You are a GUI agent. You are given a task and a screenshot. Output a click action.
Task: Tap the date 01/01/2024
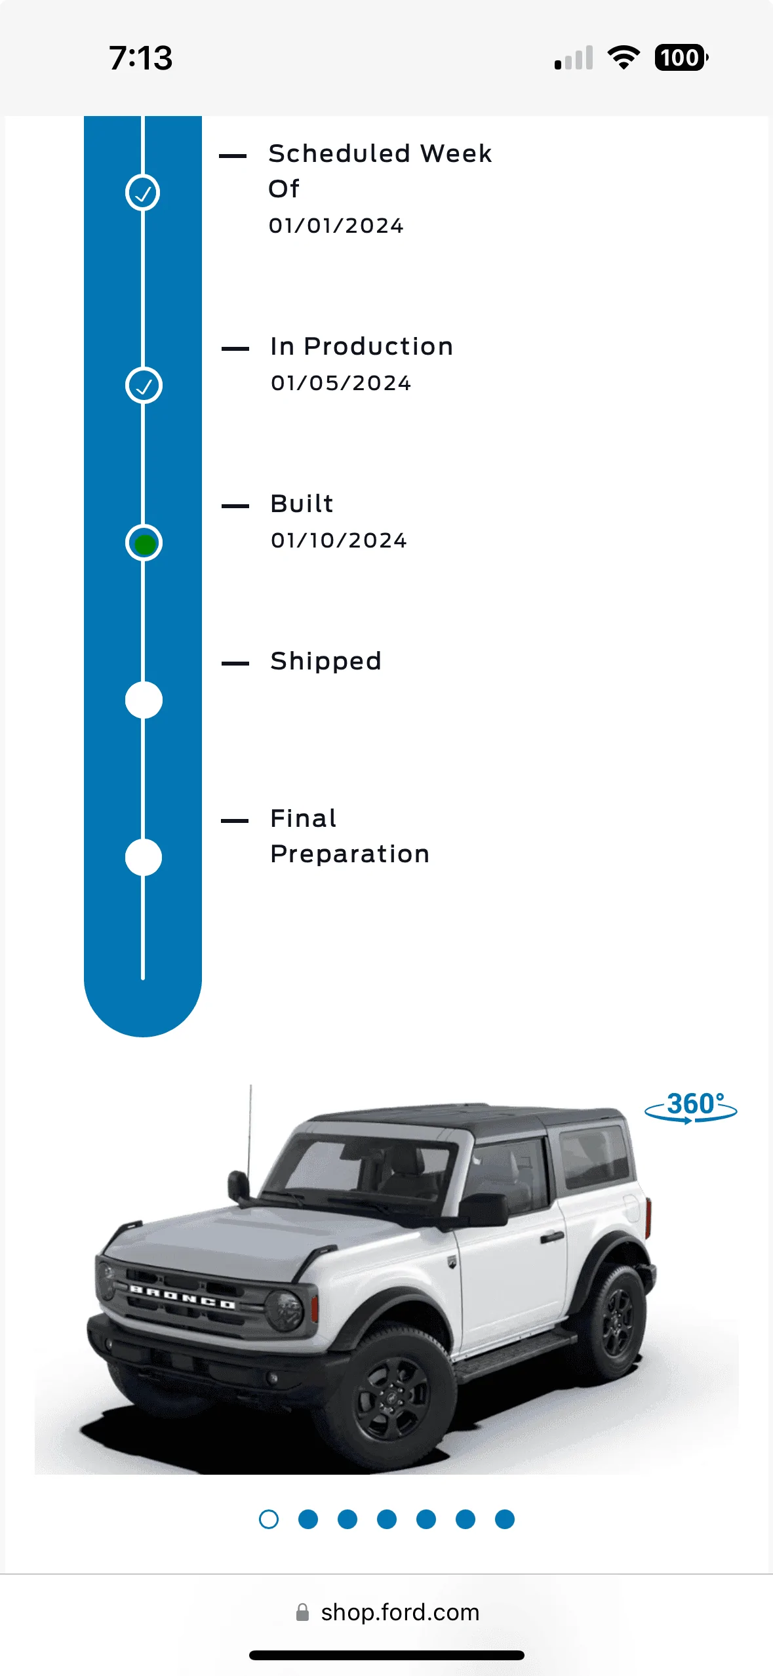pos(336,226)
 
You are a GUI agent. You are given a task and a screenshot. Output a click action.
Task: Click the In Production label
pos(362,346)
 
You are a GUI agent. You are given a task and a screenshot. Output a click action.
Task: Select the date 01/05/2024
pos(341,383)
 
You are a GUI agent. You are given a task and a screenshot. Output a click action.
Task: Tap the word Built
pos(302,504)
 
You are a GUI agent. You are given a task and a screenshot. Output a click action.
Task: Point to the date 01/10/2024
pos(339,540)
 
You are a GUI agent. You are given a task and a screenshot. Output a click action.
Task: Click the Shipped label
pos(326,662)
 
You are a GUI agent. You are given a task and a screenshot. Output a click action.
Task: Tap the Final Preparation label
pos(350,836)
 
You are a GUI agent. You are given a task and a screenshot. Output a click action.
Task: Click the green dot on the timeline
pos(144,544)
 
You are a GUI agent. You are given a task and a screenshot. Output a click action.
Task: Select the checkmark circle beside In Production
pos(144,386)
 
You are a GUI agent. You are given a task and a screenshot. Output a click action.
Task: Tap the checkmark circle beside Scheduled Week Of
pos(143,193)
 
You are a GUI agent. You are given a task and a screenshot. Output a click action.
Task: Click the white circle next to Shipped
pos(144,700)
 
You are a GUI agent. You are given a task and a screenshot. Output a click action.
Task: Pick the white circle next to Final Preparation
pos(144,858)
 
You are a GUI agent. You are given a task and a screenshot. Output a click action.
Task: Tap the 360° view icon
pos(691,1107)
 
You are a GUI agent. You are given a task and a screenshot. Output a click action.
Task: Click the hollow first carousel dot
pos(269,1519)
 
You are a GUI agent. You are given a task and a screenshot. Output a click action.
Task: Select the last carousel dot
pos(505,1519)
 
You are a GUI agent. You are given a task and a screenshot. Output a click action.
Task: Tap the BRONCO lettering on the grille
pos(182,1297)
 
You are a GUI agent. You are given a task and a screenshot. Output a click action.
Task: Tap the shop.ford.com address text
pos(400,1612)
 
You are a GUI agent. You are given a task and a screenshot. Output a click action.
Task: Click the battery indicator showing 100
pos(682,58)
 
